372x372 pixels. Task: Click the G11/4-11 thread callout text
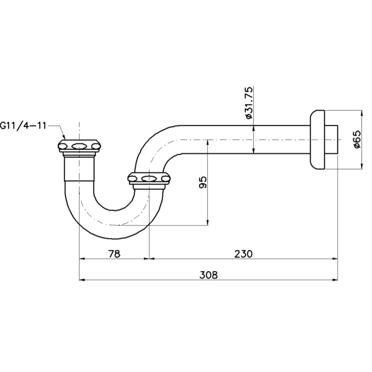point(23,126)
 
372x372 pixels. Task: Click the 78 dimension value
point(114,254)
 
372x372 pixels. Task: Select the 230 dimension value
point(243,254)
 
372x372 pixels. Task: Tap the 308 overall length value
point(208,275)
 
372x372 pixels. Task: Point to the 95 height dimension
point(203,182)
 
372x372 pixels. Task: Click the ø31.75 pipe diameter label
point(249,103)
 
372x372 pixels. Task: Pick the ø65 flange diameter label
point(357,139)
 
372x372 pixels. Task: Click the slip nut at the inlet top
point(79,146)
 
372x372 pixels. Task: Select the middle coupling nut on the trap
point(149,178)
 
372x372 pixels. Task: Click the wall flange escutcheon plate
point(317,140)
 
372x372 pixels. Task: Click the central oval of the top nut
point(78,146)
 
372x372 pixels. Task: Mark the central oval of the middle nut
point(149,178)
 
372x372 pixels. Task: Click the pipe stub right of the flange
point(331,140)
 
